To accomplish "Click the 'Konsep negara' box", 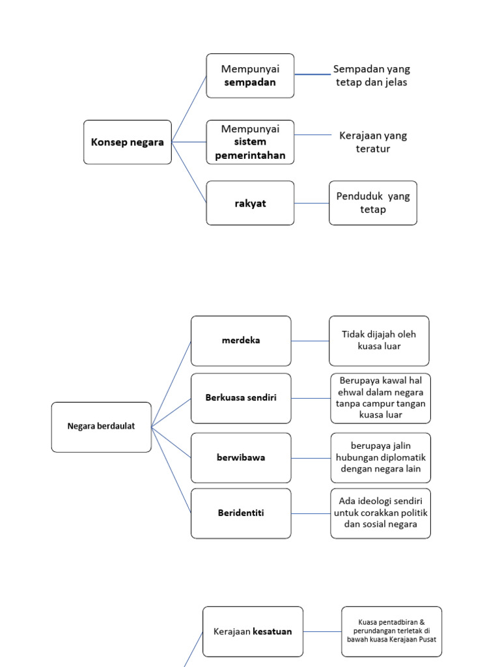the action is pos(128,142).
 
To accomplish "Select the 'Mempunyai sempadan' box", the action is pos(250,76).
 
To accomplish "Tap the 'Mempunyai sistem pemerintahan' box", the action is pos(250,142).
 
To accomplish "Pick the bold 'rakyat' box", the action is pos(250,203).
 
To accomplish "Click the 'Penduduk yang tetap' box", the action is pos(373,203).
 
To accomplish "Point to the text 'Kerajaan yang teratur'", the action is pos(373,142).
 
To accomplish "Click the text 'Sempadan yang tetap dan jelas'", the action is pos(372,76).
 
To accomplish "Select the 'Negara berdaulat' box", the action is pos(101,427).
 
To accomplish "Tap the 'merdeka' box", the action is pos(241,341).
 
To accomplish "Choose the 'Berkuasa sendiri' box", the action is pos(241,398).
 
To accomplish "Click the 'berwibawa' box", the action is pos(241,458).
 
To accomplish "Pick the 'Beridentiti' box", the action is pos(241,513).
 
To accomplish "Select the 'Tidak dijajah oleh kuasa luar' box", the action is pos(379,341).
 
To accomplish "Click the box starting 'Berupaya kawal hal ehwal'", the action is pos(380,398).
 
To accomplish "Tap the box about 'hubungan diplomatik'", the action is pos(380,458).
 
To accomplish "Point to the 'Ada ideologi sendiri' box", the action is pos(380,513).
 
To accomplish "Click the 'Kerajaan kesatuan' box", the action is pos(253,632).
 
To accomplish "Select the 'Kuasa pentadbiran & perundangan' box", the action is pos(391,632).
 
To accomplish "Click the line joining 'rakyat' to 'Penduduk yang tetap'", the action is pos(312,203).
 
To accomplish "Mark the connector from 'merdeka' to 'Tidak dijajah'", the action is pos(310,341).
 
